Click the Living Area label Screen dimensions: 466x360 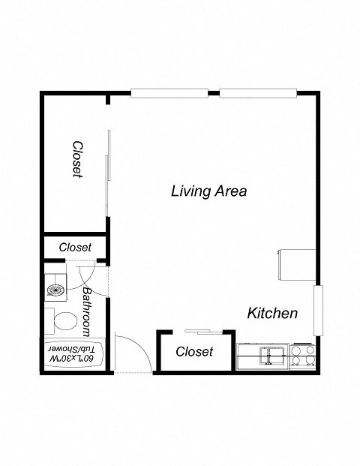208,191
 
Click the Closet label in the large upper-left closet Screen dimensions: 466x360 76,159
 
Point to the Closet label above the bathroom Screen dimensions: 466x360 75,247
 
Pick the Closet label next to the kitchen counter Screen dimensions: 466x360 194,351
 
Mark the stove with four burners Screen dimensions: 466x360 301,354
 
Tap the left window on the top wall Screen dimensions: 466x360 169,94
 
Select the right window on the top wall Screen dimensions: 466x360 259,94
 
